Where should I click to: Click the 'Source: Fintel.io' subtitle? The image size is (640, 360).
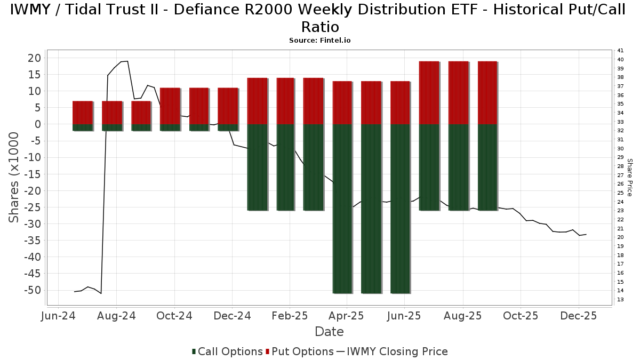coord(319,40)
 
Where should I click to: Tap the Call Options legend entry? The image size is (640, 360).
coord(227,351)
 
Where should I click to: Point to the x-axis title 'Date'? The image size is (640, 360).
coord(329,332)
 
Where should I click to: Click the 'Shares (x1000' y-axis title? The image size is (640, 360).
coord(14,178)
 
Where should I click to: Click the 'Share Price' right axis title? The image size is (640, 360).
coord(629,177)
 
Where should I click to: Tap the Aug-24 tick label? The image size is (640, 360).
coord(116,316)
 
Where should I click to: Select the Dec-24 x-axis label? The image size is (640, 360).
coord(232,316)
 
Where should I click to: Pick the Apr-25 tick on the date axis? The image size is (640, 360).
coord(347,316)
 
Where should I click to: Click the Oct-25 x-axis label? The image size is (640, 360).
coord(521,316)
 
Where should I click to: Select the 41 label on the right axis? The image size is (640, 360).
coord(620,51)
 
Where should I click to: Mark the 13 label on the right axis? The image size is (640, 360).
coord(620,299)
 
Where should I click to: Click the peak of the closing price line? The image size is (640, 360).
coord(127,61)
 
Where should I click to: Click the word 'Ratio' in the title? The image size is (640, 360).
coord(319,27)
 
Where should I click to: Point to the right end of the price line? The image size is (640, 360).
coord(586,234)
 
